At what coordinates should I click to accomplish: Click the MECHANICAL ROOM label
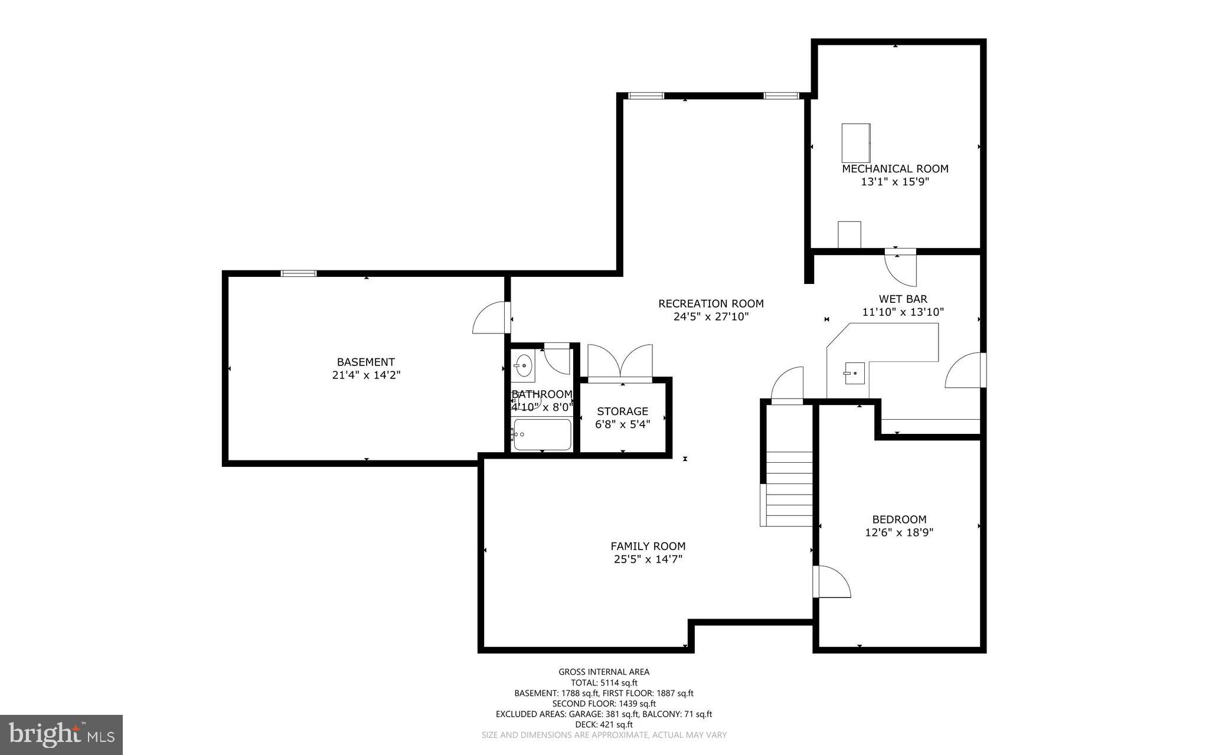(x=895, y=169)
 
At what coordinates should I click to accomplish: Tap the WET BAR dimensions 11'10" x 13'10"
(x=903, y=312)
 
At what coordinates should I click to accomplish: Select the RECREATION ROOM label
(x=711, y=304)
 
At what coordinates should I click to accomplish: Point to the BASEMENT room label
(x=365, y=362)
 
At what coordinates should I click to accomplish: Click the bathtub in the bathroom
(x=542, y=435)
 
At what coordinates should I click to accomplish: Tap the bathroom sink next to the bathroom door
(x=523, y=366)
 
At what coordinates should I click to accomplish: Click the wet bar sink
(x=854, y=373)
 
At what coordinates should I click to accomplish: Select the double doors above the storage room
(x=620, y=362)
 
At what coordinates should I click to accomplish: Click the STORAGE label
(x=622, y=411)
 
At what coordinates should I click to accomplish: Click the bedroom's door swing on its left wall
(x=830, y=582)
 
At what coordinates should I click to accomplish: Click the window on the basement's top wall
(x=299, y=273)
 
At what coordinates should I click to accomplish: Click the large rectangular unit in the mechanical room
(x=855, y=142)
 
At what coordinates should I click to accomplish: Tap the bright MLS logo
(x=61, y=734)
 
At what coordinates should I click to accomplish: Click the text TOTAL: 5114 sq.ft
(x=604, y=682)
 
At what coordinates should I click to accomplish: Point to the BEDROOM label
(x=899, y=519)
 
